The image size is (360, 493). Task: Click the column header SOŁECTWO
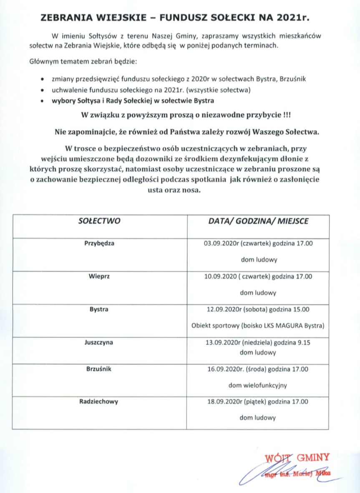click(99, 221)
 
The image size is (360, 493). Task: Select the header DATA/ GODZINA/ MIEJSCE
click(258, 221)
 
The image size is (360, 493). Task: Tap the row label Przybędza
click(99, 243)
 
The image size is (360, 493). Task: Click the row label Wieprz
click(99, 276)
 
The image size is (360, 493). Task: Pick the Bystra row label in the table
click(99, 310)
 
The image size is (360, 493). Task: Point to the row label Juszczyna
click(99, 343)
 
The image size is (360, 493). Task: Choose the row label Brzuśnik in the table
click(99, 369)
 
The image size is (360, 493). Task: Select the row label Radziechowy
click(99, 402)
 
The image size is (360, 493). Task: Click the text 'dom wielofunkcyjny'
click(258, 385)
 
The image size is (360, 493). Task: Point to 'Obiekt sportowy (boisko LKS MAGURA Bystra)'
click(258, 325)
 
